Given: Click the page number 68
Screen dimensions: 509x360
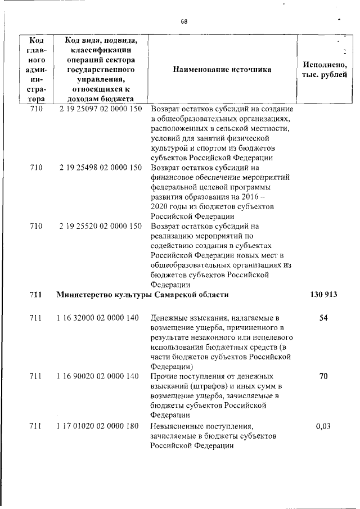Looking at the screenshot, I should (184, 21).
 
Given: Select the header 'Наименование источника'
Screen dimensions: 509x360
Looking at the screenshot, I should (222, 70).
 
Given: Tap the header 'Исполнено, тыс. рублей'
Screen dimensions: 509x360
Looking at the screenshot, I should (325, 70).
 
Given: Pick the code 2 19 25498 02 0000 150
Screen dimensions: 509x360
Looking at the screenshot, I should (100, 167).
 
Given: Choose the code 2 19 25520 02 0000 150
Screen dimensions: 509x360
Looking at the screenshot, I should (100, 226).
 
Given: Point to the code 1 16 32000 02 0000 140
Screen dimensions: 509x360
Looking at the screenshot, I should (98, 318).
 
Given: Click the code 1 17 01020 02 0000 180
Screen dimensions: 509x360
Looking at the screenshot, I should (98, 426).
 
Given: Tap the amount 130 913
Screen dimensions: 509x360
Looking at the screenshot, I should (323, 294).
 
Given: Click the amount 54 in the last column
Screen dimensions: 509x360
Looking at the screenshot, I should (323, 318).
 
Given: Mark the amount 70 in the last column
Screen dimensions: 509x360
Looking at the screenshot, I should (323, 376).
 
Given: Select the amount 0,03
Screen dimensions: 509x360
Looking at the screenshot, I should (323, 426).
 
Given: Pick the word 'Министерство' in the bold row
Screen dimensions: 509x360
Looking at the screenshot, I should (85, 294).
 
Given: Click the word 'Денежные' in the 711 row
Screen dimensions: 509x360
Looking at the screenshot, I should (169, 318).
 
